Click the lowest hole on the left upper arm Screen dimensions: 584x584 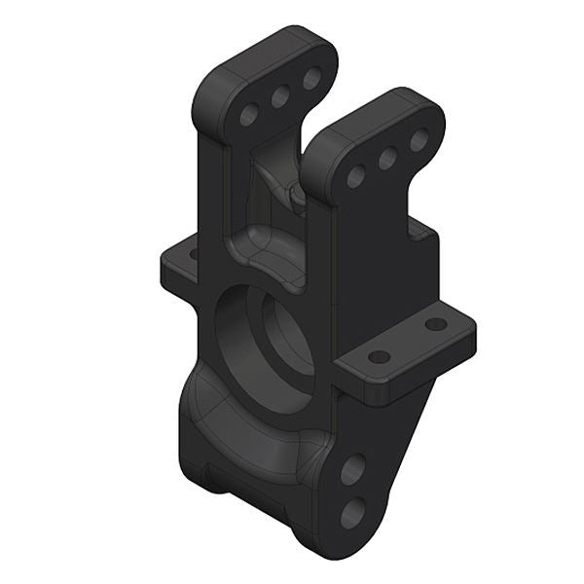pos(249,115)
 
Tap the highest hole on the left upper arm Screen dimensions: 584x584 pos(311,79)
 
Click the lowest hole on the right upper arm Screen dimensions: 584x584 pos(356,176)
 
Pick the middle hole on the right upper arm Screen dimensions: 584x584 pos(387,158)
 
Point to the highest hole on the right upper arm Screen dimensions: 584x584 pos(419,140)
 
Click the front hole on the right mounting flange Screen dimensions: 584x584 pos(380,357)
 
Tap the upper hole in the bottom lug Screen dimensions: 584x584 pos(352,470)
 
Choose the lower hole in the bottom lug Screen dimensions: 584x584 pos(352,511)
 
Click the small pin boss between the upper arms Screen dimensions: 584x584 pos(295,195)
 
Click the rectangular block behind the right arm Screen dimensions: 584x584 pos(423,258)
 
